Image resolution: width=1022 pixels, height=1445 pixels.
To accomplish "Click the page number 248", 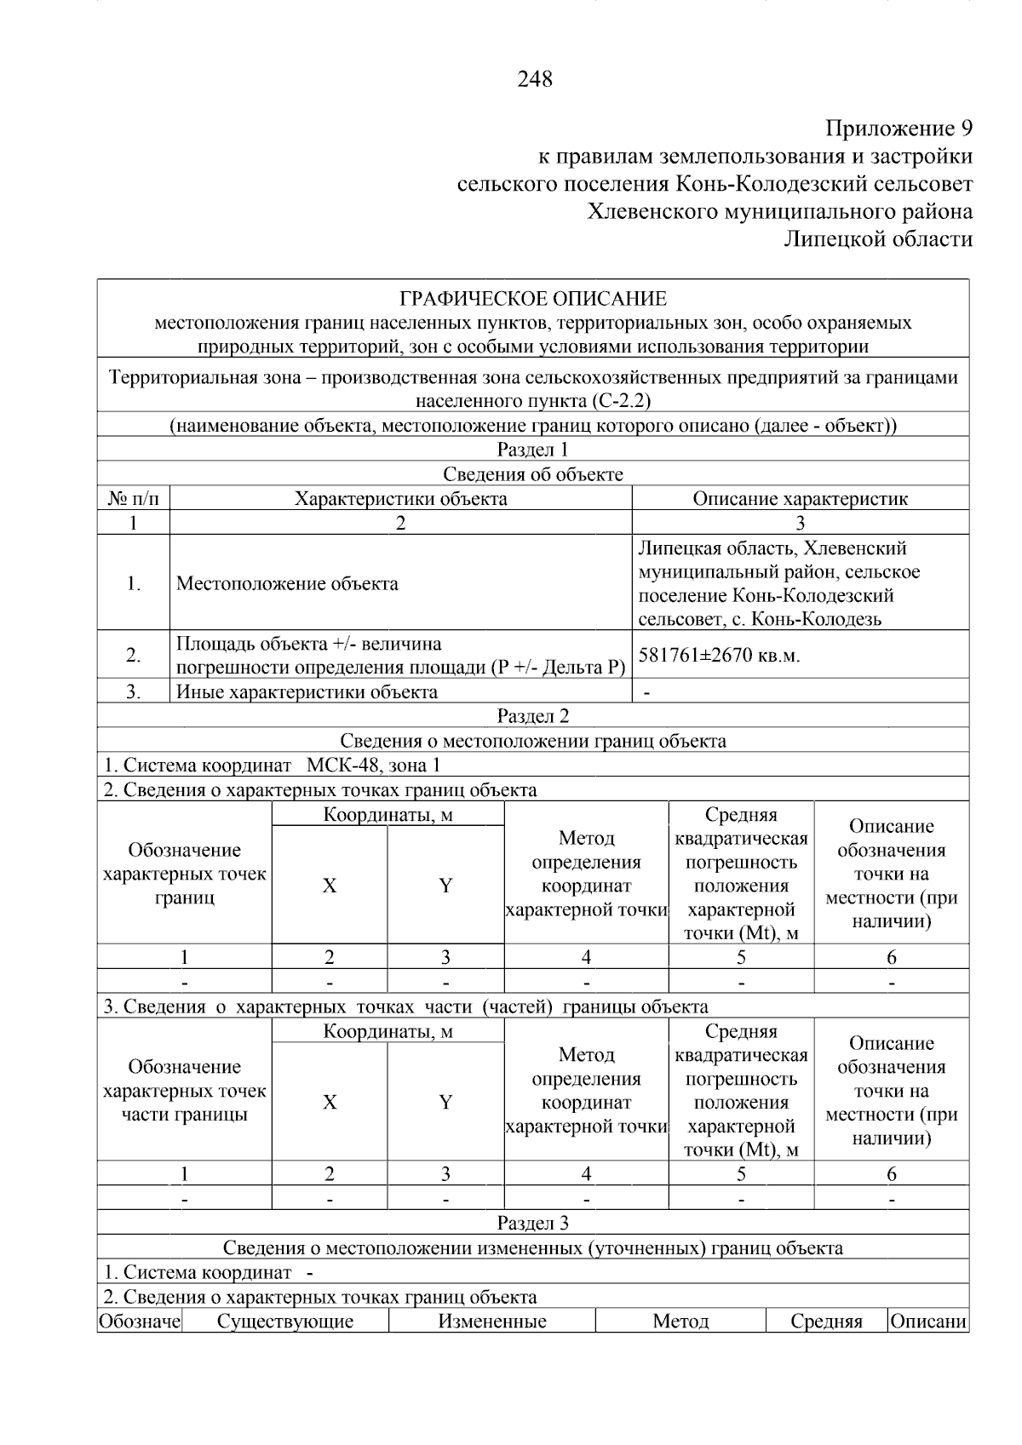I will [534, 79].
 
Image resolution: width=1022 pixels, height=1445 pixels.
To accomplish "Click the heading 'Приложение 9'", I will [899, 129].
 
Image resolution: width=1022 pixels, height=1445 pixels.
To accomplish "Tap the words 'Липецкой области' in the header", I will [878, 239].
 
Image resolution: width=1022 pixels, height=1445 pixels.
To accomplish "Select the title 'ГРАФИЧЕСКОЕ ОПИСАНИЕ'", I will [533, 299].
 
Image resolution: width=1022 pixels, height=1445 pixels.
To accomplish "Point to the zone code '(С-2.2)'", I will [619, 400].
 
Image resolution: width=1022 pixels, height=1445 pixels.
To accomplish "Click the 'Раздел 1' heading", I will [532, 450].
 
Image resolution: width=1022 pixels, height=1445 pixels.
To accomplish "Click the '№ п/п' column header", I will [133, 498].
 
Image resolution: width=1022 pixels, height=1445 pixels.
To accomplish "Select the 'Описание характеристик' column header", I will [800, 498].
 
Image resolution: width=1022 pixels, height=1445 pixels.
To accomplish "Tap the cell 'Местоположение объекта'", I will [287, 583].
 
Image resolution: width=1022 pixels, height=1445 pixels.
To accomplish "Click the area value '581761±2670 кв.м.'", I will [720, 655].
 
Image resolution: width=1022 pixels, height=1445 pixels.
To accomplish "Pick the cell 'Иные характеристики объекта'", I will [307, 691].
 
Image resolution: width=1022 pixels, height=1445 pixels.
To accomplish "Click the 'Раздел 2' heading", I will [532, 716].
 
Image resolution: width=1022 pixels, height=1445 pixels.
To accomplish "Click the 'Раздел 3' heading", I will [532, 1224].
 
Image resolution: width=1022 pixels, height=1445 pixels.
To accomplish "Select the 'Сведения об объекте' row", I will [532, 474].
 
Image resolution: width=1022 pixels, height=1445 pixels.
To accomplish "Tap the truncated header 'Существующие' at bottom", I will [285, 1322].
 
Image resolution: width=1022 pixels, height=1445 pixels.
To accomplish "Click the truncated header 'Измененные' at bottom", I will [492, 1322].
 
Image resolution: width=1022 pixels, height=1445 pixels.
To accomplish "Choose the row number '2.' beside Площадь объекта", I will [133, 655].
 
